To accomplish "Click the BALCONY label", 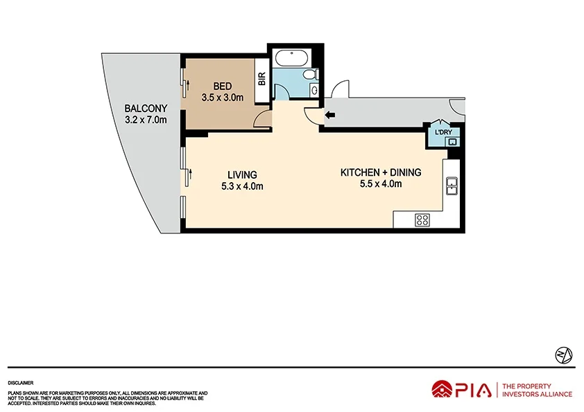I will [146, 108].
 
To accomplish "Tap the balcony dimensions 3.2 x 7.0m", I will [146, 119].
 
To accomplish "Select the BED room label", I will [222, 86].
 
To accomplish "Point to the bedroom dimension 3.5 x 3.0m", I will [222, 98].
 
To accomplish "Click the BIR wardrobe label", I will [261, 79].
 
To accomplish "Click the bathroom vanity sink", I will [314, 90].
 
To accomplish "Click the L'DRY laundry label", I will [443, 132].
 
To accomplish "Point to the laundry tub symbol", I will [452, 142].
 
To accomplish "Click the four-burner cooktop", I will [422, 220].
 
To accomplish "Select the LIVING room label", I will [242, 174].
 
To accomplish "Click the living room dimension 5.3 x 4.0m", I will [242, 186].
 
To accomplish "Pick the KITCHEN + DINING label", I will [381, 172].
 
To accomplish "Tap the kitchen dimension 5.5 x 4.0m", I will [381, 183].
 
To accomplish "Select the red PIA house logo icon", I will [442, 390].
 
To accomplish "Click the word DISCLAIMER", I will [22, 382].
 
